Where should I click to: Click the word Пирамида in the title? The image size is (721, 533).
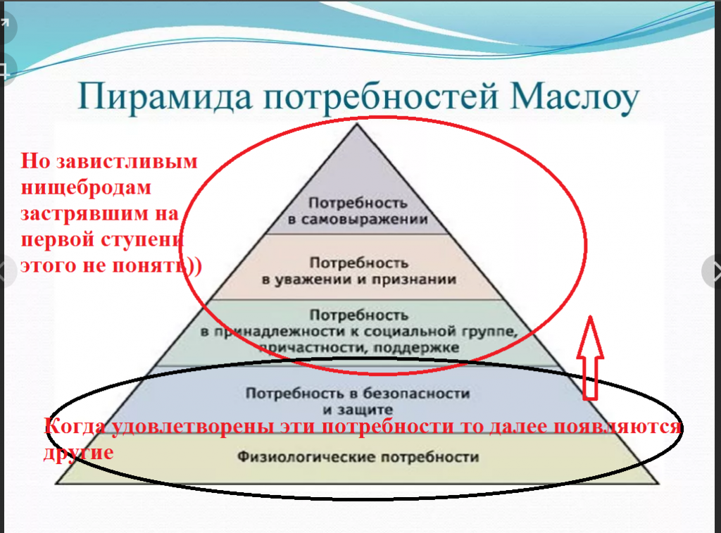coord(165,97)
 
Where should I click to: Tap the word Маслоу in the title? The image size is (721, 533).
coord(575,96)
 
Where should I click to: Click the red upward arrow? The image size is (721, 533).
coord(590,357)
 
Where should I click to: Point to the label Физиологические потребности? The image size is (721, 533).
coord(358,457)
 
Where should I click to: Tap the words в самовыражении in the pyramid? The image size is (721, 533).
coord(358,220)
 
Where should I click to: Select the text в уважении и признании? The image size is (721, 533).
coord(358,279)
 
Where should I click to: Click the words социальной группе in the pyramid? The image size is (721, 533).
coord(441,332)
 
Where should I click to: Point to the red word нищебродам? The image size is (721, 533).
coord(86,187)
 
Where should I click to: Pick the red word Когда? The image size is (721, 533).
coord(74,426)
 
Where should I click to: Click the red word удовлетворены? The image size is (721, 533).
coord(192,427)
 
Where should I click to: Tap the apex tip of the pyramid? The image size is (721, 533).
coord(356,124)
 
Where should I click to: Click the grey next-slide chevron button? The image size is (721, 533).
coord(712,271)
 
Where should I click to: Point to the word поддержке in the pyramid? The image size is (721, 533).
coord(416,348)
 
